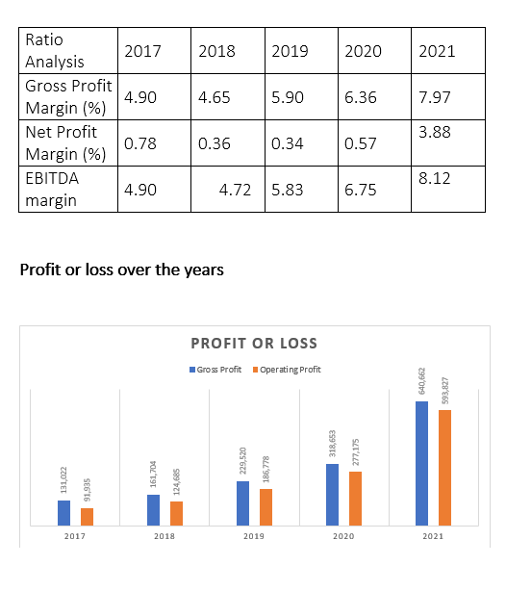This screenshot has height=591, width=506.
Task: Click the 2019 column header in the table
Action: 290,51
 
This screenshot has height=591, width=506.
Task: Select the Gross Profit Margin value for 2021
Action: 435,97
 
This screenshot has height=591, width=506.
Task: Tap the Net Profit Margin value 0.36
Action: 214,143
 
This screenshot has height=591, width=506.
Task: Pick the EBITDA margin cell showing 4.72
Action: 235,190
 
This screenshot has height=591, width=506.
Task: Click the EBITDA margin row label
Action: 52,190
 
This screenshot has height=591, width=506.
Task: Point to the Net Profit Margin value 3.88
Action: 435,132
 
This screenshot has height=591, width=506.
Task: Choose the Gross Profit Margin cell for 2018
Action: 214,97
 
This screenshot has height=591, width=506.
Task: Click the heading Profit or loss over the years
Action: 122,270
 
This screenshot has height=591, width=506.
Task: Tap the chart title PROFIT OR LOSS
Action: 254,344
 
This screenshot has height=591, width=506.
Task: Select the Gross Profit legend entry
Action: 215,370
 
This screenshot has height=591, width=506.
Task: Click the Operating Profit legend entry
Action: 287,370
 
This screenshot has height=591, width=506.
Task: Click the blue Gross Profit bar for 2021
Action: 421,463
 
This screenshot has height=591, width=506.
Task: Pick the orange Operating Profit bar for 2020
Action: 355,499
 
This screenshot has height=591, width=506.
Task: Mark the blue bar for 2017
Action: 63,513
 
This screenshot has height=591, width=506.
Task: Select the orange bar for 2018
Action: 176,513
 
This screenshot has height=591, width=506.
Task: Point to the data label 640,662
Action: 422,381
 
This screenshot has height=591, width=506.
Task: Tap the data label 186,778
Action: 266,470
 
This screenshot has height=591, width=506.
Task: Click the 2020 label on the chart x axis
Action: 343,536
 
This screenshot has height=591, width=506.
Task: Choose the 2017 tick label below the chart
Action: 75,536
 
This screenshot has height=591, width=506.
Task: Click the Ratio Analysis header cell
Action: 55,50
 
